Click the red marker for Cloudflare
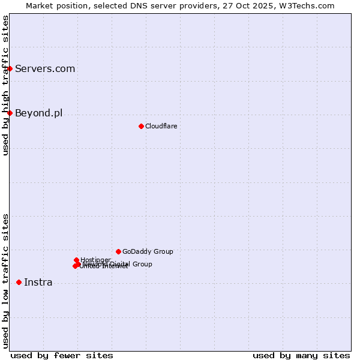[141, 126]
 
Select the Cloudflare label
[161, 126]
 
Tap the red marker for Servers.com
[10, 68]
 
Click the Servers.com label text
[45, 68]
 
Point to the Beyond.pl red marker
[10, 113]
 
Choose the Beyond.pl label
[38, 113]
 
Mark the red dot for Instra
[19, 282]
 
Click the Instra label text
[38, 282]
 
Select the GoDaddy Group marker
[118, 251]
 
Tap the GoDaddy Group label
[148, 251]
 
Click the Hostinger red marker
[76, 260]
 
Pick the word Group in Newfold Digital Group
[142, 264]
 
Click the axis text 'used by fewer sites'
[62, 355]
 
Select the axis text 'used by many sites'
[301, 355]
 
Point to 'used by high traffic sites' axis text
[5, 85]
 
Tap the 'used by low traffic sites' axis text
[5, 280]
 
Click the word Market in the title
[39, 5]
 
